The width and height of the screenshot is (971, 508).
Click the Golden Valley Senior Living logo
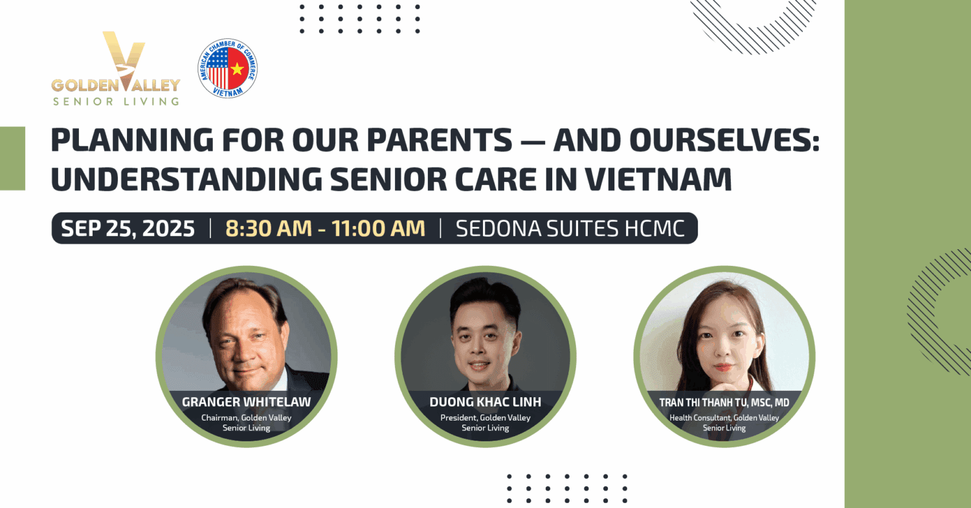116,69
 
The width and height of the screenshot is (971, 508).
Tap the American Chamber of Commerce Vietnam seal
228,68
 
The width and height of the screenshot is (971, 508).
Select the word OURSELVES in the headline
724,140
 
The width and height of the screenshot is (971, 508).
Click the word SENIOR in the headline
388,179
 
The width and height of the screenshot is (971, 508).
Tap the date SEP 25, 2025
128,228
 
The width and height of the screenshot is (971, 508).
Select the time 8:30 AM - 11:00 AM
325,228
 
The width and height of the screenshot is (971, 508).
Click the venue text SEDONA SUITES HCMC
570,228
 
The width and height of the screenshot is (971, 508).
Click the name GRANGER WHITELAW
246,403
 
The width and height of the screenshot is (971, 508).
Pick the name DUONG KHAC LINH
485,403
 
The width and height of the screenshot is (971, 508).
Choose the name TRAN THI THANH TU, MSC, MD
724,403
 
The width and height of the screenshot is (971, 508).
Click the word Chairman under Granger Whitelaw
220,418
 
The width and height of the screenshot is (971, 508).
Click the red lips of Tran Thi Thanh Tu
722,367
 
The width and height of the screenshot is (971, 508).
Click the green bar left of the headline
12,159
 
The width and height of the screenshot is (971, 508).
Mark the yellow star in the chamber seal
237,69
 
